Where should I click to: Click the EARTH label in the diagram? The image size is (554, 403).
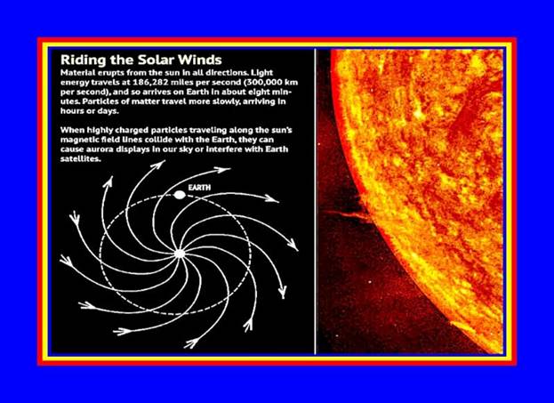pos(199,188)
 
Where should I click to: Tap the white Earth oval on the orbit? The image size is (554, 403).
pos(180,195)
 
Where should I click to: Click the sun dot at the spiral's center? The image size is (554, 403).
pos(180,254)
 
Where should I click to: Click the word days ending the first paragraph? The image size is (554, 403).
pos(108,111)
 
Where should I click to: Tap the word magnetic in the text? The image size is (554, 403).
pos(76,140)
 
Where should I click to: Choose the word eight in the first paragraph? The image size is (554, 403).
pos(261,93)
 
